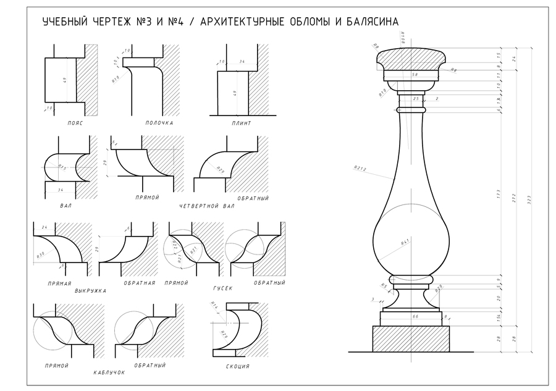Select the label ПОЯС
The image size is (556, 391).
[x=75, y=123]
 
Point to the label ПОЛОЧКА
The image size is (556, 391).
[x=159, y=123]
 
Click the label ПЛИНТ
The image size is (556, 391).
[x=242, y=123]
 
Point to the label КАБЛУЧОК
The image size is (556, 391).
[x=109, y=372]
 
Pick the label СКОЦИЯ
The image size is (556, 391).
[x=238, y=367]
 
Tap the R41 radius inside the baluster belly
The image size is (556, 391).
[x=406, y=243]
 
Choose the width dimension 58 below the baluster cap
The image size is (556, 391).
[x=415, y=75]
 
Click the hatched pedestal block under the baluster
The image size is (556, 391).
[x=411, y=338]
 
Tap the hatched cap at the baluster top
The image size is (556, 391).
[x=410, y=60]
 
